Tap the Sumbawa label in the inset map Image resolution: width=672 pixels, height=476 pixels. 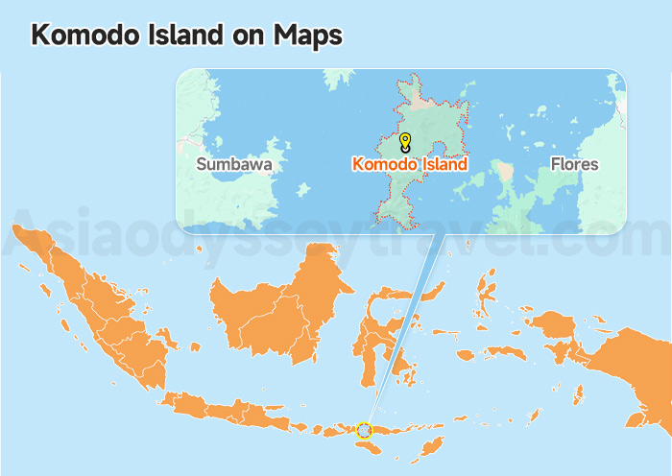233,164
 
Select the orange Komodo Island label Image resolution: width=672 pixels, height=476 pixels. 411,164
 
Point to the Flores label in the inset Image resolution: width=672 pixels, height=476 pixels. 574,164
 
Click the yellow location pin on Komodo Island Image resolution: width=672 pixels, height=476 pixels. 405,142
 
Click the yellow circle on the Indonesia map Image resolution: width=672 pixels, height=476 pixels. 364,430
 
